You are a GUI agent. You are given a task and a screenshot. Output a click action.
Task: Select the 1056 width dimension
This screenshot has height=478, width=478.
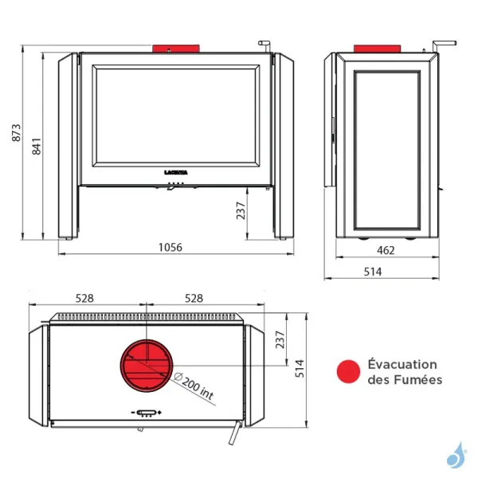click(169, 248)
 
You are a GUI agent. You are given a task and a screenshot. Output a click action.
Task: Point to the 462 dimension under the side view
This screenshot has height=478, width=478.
click(386, 250)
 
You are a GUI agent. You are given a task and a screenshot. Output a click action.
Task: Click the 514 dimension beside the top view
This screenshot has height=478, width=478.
click(300, 368)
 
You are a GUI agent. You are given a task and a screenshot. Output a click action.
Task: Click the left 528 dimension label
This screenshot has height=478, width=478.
click(85, 299)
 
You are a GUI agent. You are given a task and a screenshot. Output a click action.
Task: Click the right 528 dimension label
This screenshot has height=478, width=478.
click(194, 299)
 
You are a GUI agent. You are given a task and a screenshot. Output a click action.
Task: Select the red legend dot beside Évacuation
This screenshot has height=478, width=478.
click(347, 372)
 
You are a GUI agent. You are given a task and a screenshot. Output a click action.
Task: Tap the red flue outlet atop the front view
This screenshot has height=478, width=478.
click(169, 48)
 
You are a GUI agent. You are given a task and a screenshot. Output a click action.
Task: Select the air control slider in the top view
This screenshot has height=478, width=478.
click(146, 413)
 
